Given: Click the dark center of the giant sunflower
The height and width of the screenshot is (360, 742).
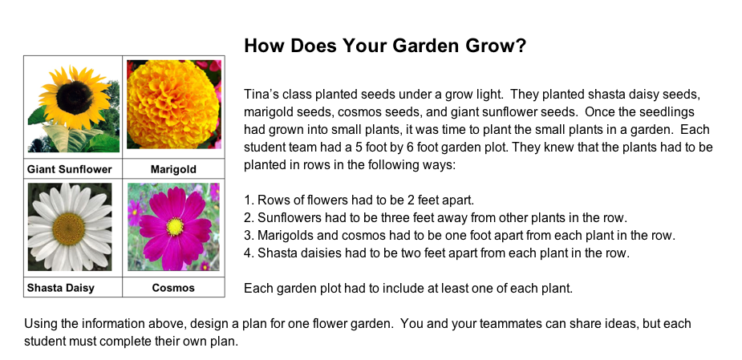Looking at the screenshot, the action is [x=75, y=98].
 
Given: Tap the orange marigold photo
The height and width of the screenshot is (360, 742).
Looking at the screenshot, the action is [x=174, y=104].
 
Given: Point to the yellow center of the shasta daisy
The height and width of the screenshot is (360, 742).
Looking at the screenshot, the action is [x=69, y=229].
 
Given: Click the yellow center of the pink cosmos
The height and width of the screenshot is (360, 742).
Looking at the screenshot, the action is [x=175, y=227].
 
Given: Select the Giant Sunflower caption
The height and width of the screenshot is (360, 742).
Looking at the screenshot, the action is [x=70, y=169].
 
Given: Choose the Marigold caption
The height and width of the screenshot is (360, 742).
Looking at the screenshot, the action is [x=173, y=169].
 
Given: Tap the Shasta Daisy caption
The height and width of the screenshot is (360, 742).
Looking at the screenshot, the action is [x=61, y=288].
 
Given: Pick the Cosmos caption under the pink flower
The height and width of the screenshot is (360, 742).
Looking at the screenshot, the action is [x=173, y=288].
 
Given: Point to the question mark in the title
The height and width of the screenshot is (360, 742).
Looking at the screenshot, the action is [x=521, y=46].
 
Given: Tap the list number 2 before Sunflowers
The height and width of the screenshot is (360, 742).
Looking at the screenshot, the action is [x=249, y=217].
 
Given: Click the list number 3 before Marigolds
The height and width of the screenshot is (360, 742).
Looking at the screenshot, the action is [x=249, y=235].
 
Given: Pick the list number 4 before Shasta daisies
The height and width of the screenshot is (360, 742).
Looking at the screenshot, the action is [x=249, y=253].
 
